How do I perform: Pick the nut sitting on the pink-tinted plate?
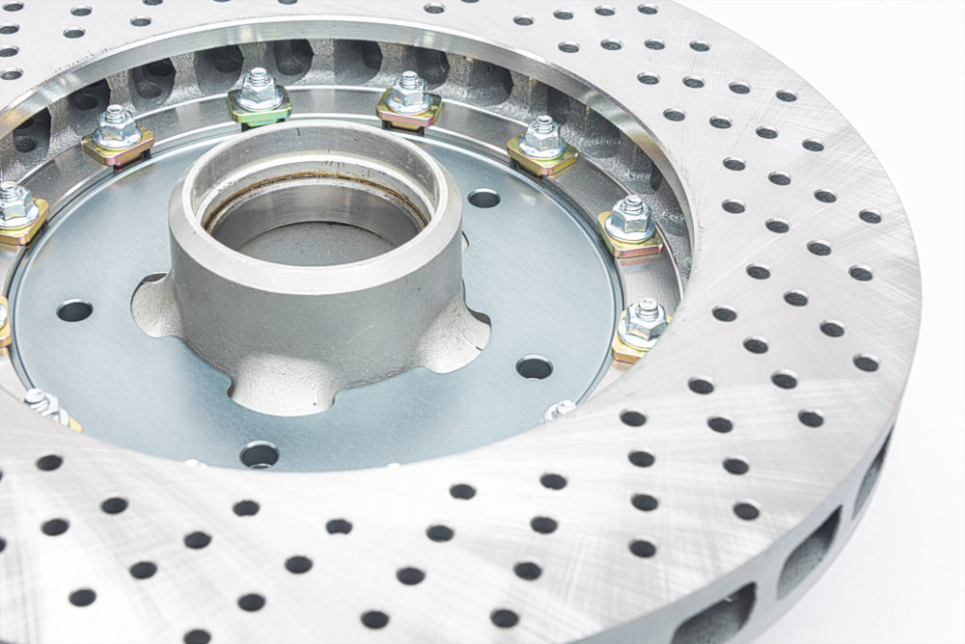[x=409, y=94]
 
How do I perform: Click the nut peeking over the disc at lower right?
[x=561, y=410]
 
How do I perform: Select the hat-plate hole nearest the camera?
[x=260, y=454]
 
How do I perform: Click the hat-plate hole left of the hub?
[x=74, y=310]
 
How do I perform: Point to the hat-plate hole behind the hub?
[x=483, y=199]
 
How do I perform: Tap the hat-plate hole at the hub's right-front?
[x=534, y=367]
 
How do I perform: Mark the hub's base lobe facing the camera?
[x=280, y=386]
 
